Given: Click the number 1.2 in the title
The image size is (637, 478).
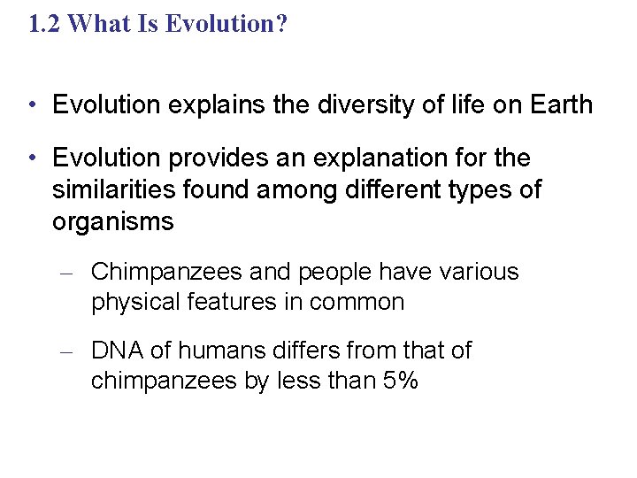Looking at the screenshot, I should coord(44,24).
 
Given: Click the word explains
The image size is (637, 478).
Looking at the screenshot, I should coord(201,105).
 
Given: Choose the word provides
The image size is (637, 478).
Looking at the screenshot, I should coord(210,158).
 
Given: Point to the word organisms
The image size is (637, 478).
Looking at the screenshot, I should coord(113,221).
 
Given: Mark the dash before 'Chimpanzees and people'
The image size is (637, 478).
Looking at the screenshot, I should coord(65,274).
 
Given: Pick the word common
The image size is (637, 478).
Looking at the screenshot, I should coord(357,303).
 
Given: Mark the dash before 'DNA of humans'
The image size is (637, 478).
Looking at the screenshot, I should coord(65,352).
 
